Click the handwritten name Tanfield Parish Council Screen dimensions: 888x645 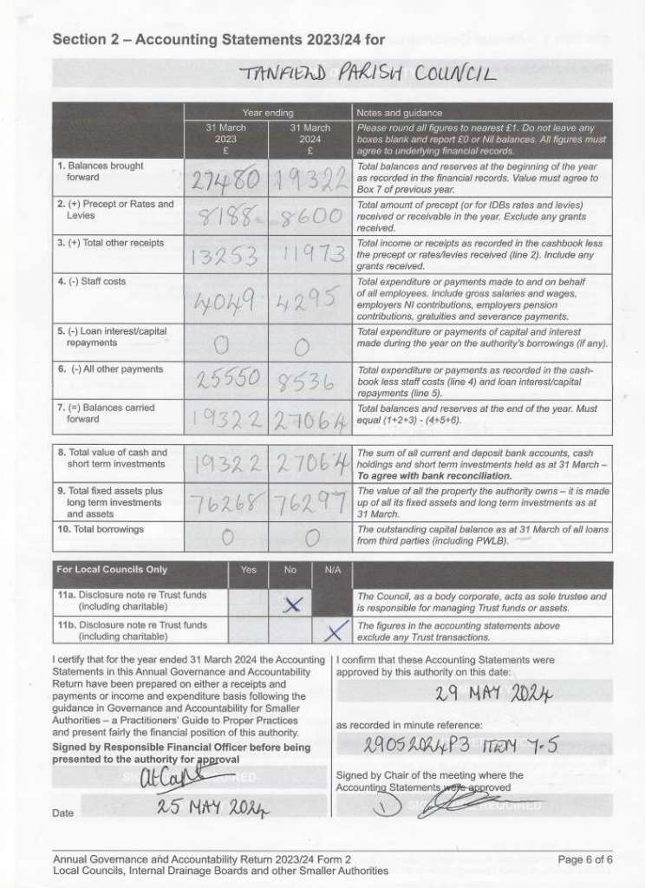point(364,75)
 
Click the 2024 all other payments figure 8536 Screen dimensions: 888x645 point(309,382)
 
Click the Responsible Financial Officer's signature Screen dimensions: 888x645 point(179,773)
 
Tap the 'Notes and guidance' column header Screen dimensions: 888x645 point(400,113)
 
